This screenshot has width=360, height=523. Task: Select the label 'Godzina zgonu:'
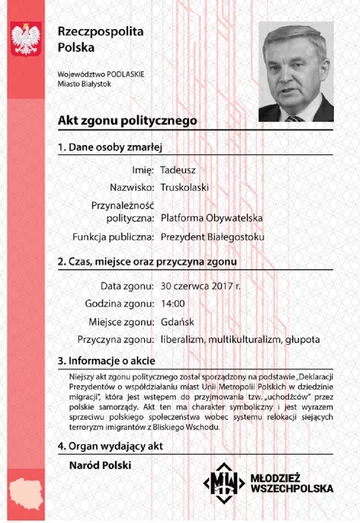(117, 304)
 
